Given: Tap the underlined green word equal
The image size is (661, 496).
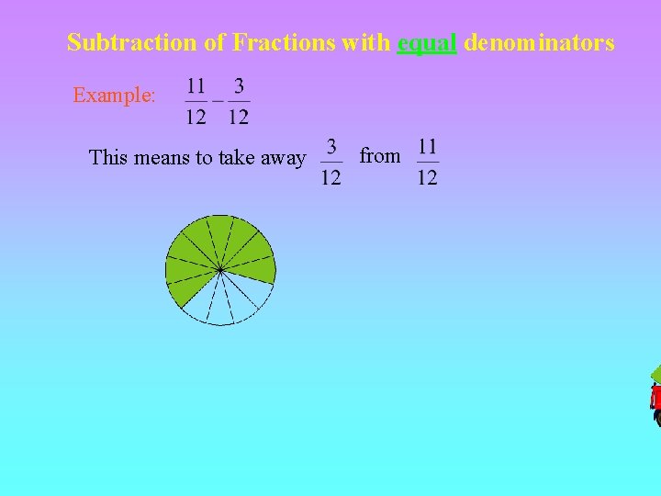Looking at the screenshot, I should point(427,43).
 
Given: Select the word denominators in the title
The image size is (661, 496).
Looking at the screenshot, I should point(539,42).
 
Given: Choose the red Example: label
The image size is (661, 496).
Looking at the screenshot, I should point(115,95).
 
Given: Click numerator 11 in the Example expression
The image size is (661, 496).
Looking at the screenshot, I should point(196,86).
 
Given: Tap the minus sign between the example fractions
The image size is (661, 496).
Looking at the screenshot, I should point(218,100).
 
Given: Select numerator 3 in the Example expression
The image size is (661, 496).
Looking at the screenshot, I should point(239,86).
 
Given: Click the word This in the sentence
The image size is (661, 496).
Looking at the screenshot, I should point(108,157).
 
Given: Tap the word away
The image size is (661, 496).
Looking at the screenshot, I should point(283,157).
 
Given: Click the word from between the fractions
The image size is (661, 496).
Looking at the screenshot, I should point(380,156).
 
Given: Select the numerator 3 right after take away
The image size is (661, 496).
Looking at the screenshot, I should point(330,146).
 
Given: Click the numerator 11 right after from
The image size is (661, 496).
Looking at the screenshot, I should point(428,146).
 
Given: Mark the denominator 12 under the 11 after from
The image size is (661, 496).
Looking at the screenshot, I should point(428,176).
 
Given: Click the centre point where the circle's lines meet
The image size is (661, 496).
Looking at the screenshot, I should point(220,270).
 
